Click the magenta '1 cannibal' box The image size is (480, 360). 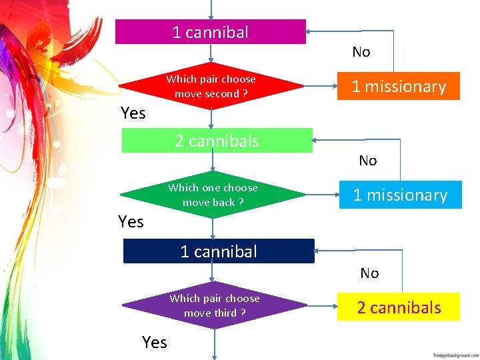coord(210,32)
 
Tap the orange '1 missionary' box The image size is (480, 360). coord(398,87)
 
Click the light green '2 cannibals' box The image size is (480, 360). coord(217,141)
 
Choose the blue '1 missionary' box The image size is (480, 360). coord(399,195)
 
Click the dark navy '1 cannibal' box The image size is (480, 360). coord(219,251)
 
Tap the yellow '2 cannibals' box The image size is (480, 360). coord(398,307)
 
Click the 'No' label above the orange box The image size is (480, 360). coord(361,52)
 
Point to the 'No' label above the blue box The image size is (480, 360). coord(367,161)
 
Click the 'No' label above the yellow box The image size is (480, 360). coord(369,273)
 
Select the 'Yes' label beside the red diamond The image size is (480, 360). coord(133,113)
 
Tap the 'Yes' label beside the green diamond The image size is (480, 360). coord(131,221)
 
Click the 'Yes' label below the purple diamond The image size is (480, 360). coord(155,343)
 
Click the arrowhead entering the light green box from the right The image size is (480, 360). coord(317,140)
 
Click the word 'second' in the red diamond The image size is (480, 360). coord(223,94)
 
